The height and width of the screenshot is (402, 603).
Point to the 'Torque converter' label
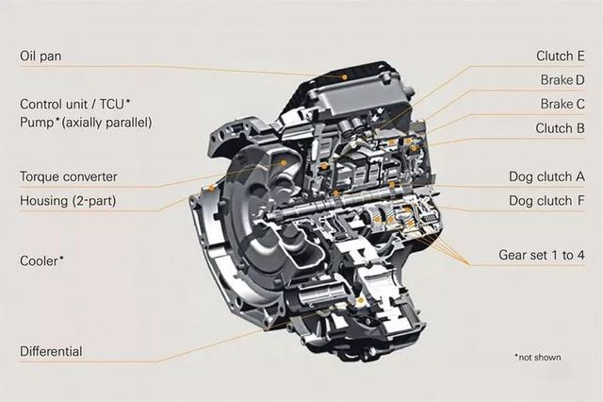click(69, 176)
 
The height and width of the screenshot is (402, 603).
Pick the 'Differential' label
click(51, 351)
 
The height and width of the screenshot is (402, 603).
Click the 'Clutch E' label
click(561, 56)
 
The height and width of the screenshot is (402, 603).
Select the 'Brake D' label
click(562, 79)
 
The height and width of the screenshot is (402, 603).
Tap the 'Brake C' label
click(562, 104)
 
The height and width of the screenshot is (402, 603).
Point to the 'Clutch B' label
click(561, 128)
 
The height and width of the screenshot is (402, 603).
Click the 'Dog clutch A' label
click(547, 176)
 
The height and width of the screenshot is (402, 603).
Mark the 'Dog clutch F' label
click(547, 201)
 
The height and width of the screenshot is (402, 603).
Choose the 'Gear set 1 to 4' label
click(542, 256)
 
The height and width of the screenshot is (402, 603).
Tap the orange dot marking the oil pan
click(346, 75)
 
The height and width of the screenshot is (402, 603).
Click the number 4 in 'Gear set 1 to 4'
click(580, 256)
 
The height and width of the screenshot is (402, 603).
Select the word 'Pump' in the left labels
click(37, 123)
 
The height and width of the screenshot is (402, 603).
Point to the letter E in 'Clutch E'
click(580, 56)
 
